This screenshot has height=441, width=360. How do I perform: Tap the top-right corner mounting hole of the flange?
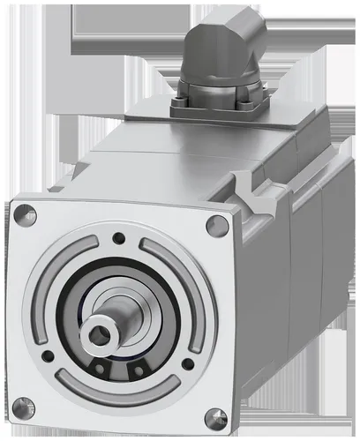[x=218, y=225]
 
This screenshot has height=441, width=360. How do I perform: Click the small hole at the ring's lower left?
[x=49, y=356]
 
